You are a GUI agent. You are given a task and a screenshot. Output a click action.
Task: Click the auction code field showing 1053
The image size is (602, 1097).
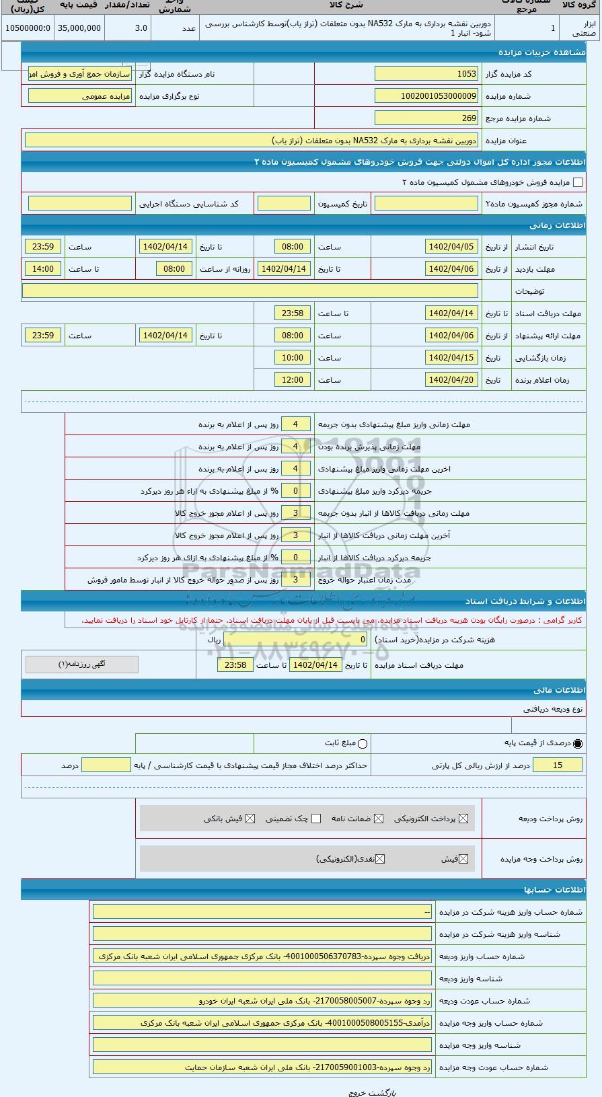[426, 74]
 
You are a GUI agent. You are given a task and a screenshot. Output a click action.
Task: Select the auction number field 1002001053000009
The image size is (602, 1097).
[426, 96]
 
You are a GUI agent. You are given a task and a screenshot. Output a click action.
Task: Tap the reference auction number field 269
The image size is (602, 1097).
[426, 118]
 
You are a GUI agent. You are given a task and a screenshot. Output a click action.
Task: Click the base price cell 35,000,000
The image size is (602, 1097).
[79, 28]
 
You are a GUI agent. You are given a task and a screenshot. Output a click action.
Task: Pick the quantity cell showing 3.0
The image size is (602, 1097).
[128, 28]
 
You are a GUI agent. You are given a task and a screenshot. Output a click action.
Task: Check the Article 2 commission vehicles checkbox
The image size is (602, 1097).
[577, 182]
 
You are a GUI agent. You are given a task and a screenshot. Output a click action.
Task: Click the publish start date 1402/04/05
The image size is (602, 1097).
[451, 247]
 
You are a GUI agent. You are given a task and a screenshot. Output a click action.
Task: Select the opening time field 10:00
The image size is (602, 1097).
[293, 358]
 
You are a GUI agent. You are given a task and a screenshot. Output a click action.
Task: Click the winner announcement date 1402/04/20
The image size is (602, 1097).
[451, 380]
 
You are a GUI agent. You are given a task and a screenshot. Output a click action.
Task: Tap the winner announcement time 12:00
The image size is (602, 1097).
[293, 380]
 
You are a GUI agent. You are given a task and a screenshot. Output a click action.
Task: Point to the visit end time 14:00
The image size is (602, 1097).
[43, 269]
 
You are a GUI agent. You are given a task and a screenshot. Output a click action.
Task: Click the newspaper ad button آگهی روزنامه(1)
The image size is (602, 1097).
[82, 665]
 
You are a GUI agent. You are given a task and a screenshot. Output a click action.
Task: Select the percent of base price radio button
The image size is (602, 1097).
[578, 744]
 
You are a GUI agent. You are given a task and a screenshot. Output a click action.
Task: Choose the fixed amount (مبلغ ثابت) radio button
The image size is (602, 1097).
[363, 744]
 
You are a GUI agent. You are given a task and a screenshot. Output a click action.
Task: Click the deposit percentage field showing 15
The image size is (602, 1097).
[557, 765]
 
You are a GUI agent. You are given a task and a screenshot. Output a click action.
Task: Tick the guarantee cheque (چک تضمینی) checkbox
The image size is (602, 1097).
[316, 819]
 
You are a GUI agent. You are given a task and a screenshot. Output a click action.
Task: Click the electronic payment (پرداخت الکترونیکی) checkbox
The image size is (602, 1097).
[462, 819]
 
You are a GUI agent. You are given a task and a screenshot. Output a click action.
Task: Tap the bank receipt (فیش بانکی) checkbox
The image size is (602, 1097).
[250, 819]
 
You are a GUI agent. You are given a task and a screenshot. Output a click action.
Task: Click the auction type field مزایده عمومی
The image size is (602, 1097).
[80, 96]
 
